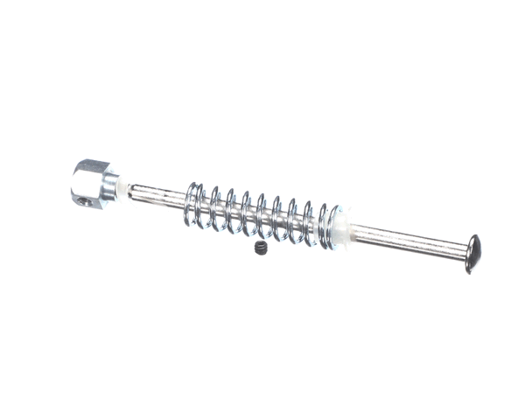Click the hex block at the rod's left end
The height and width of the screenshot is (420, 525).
tap(92, 183)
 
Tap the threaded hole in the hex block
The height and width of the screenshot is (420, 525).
tap(83, 200)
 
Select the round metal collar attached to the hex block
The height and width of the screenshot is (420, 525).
tap(111, 185)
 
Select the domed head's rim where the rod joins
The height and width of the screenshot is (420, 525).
tap(465, 253)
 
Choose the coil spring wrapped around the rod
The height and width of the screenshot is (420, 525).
tap(262, 215)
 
